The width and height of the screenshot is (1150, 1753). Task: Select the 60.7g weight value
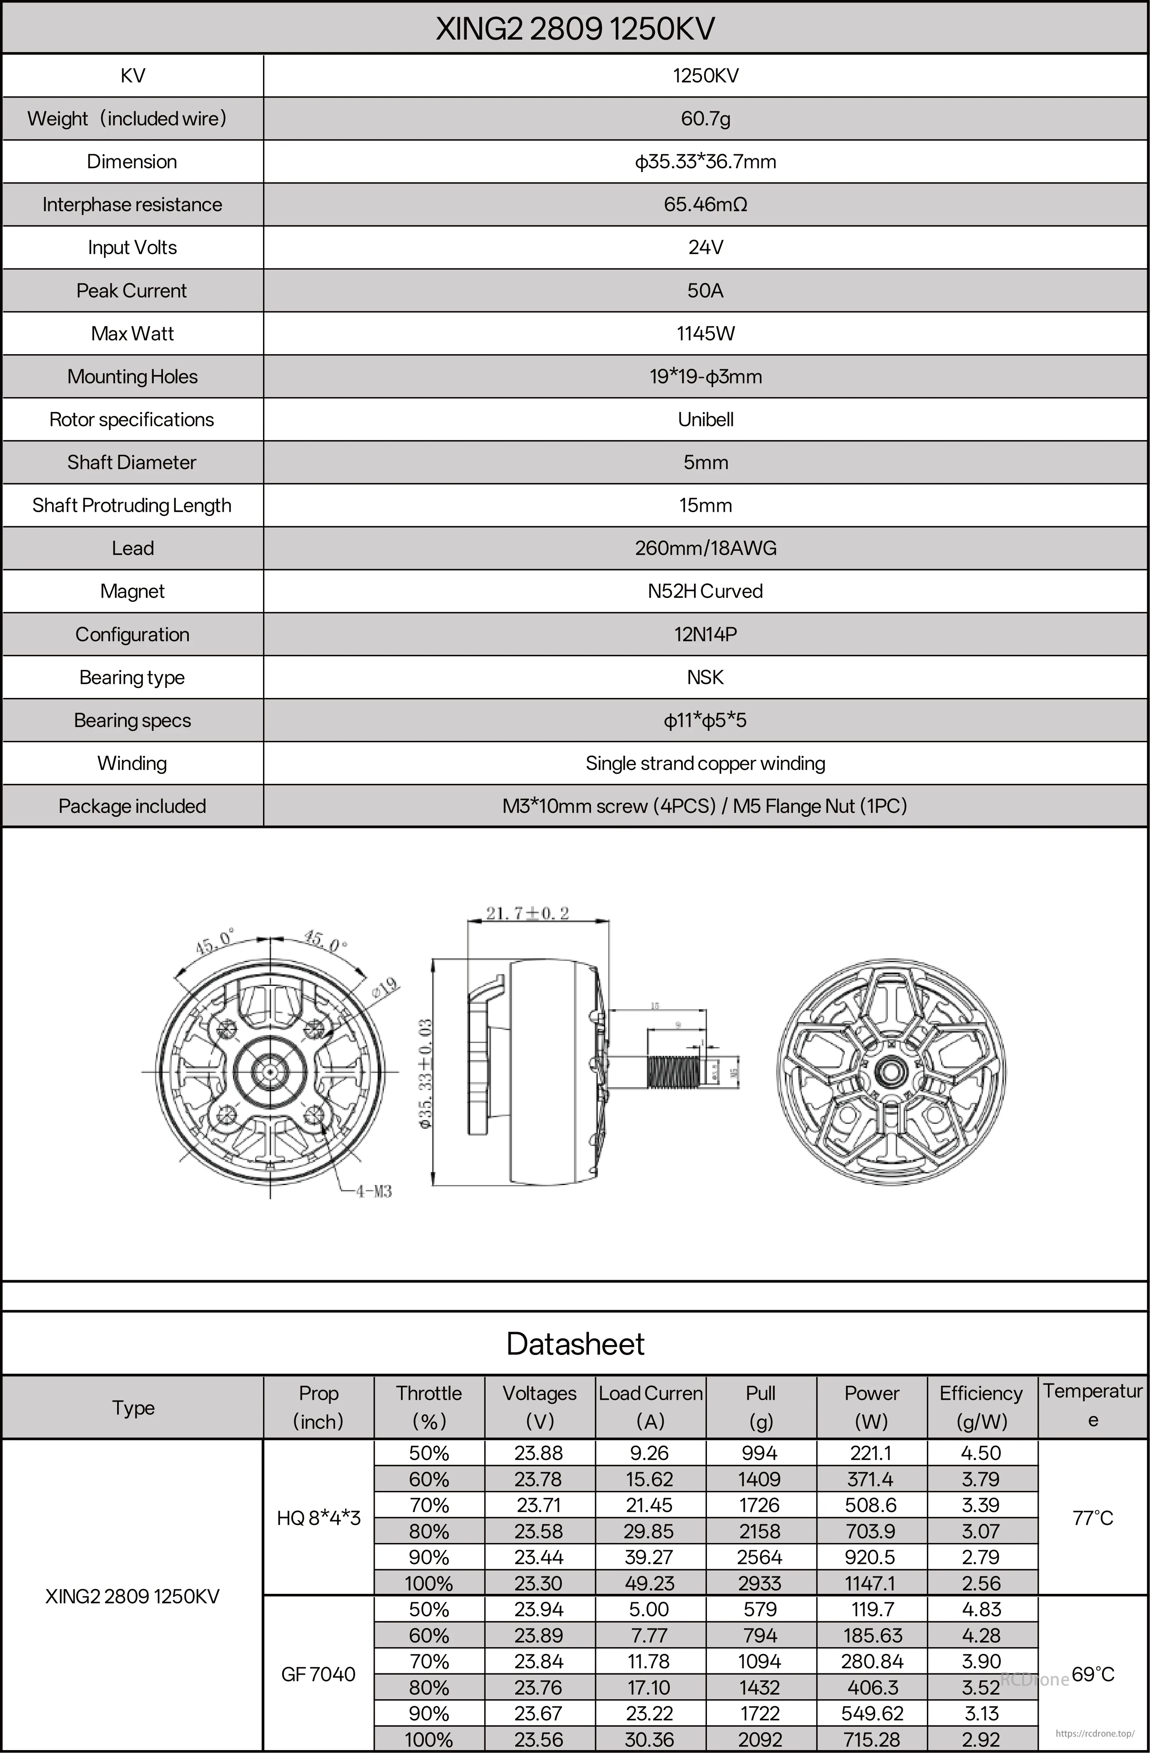(705, 119)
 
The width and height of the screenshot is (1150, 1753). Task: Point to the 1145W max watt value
(705, 334)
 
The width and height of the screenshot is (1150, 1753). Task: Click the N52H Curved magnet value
(705, 591)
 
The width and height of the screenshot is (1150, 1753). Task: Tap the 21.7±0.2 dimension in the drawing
(527, 913)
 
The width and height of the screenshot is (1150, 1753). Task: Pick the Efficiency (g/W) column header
(981, 1407)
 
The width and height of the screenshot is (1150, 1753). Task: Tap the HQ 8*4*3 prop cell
(318, 1518)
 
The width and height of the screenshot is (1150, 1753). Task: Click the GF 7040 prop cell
(318, 1674)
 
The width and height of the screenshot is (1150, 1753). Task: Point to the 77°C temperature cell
(1092, 1518)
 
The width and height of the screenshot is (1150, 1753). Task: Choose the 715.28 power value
(872, 1740)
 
